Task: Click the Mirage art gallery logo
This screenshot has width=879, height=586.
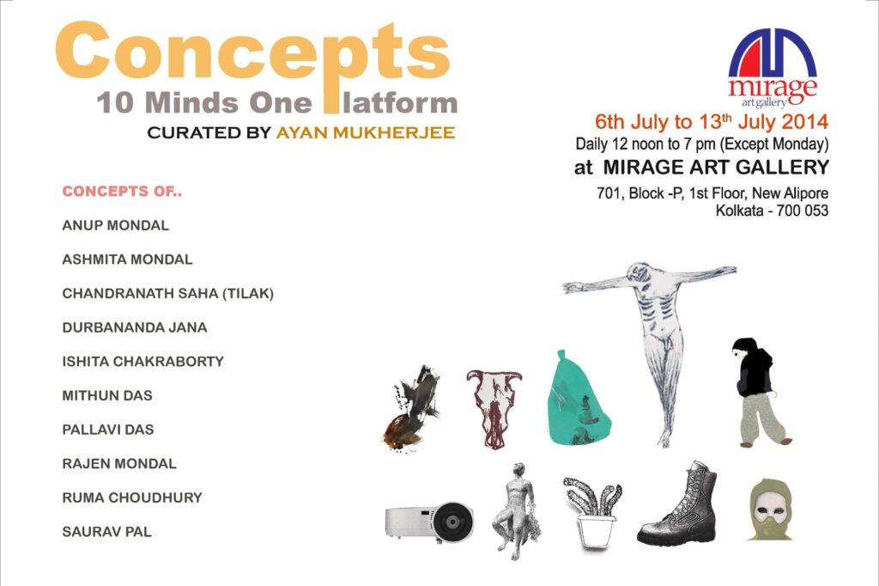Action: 773,67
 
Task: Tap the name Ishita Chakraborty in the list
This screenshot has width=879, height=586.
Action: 143,362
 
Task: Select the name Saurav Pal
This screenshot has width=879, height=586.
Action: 107,532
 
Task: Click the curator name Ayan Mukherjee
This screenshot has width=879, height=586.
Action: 366,132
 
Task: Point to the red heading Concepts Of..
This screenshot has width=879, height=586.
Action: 122,192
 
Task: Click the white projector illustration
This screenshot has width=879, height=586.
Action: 429,522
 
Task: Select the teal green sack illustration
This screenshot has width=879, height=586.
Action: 578,399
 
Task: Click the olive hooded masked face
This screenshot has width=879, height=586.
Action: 771,510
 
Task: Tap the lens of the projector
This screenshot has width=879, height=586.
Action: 452,522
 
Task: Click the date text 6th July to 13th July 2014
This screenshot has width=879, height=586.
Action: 712,121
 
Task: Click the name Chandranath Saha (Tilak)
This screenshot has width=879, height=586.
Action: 168,294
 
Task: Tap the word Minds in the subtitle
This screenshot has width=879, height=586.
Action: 191,103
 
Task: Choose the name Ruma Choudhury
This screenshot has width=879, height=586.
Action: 132,497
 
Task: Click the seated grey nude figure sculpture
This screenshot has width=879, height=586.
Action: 516,510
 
